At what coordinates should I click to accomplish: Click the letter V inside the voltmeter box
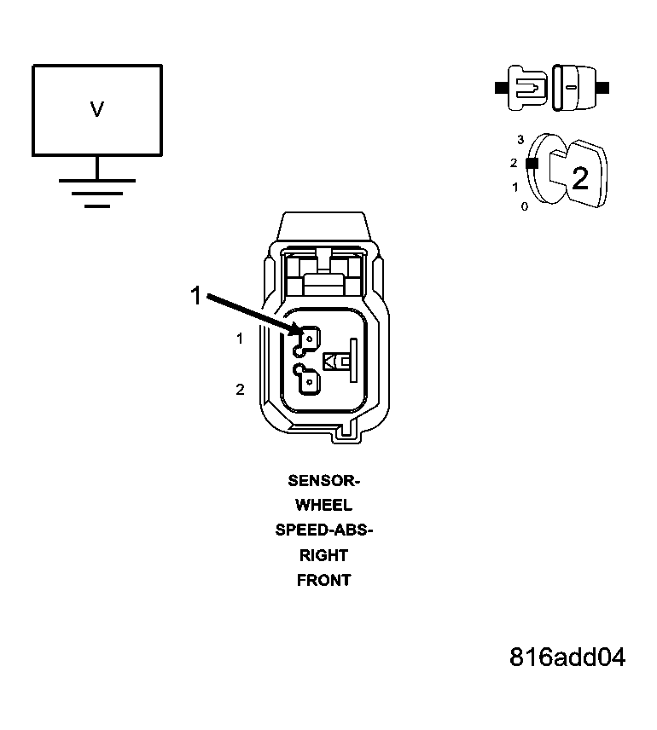[97, 109]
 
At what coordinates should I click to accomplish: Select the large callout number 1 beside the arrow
[195, 296]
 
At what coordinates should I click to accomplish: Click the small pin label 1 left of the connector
[240, 339]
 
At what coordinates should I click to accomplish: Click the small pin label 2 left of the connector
[240, 389]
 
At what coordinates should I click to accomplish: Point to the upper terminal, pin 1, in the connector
[306, 341]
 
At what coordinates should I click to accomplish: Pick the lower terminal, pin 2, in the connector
[306, 379]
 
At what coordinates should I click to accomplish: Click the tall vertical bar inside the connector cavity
[353, 361]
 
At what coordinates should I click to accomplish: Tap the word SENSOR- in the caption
[324, 480]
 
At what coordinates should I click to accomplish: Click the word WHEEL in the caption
[324, 505]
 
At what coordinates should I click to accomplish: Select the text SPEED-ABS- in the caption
[324, 530]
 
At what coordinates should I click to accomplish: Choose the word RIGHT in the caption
[324, 555]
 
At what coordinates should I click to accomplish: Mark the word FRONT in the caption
[324, 581]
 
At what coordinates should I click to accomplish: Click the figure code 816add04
[567, 658]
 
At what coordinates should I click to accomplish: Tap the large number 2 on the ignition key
[580, 178]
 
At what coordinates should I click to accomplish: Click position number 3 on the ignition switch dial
[520, 140]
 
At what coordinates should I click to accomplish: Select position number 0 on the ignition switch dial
[525, 206]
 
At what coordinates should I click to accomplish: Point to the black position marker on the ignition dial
[532, 163]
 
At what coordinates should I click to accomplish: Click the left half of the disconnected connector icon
[522, 88]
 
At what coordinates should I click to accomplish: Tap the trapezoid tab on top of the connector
[324, 227]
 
